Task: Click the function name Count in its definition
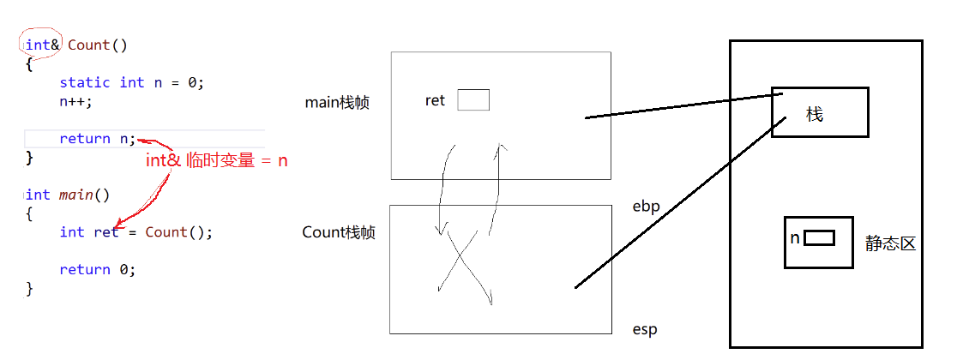click(89, 45)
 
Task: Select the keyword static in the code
click(84, 82)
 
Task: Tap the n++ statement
click(75, 100)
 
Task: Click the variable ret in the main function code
click(106, 232)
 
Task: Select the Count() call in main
click(178, 232)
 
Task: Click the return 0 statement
click(97, 269)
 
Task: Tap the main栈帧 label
click(337, 103)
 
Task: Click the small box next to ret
click(472, 100)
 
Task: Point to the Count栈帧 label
click(338, 232)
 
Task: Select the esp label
click(644, 329)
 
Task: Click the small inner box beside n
click(819, 238)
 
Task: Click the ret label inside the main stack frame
click(435, 101)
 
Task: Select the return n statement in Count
click(97, 139)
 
